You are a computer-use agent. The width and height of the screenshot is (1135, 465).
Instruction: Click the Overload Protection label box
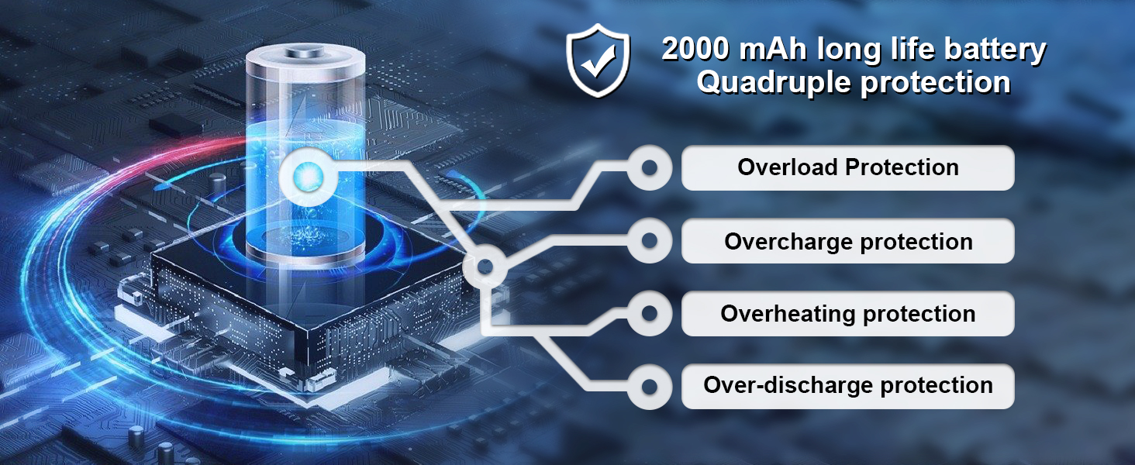point(847,167)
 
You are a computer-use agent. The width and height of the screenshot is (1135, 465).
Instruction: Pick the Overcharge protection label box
point(847,241)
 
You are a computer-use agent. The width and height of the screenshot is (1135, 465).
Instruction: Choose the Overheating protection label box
point(847,314)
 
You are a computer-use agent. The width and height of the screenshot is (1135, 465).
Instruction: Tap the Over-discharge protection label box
point(847,386)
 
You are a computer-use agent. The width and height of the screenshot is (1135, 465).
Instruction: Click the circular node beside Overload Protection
point(650,167)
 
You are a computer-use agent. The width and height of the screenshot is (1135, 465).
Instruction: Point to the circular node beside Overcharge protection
point(650,241)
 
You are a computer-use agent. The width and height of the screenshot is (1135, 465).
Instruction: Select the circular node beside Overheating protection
point(650,314)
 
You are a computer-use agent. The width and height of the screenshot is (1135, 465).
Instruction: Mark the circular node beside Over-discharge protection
point(650,386)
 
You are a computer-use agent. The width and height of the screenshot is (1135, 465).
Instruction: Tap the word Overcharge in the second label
point(789,241)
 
